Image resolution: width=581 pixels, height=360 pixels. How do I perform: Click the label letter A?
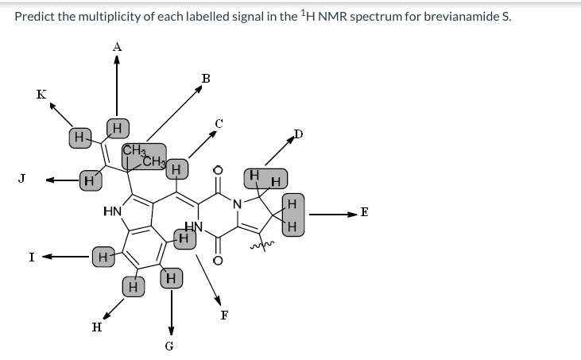click(117, 47)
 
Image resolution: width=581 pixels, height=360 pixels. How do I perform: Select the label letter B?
click(206, 78)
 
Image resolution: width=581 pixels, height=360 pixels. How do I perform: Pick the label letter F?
click(224, 314)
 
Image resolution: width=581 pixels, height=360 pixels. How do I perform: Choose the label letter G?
click(169, 346)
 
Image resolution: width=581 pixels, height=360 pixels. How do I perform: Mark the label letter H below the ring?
click(96, 326)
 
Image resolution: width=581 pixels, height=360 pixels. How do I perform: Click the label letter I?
click(30, 257)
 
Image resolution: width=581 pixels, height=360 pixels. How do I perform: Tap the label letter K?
click(41, 95)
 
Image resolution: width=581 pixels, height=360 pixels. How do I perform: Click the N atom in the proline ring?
click(236, 202)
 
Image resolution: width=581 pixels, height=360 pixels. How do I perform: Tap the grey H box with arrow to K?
click(78, 137)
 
